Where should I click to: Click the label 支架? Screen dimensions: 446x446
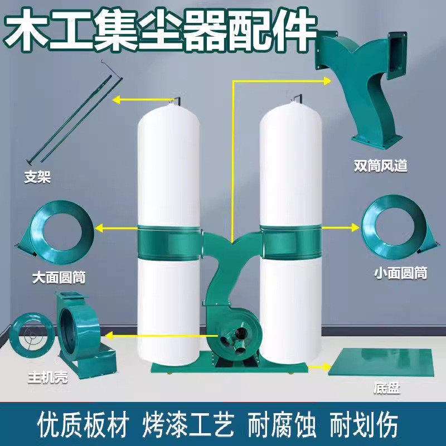click(x=37, y=177)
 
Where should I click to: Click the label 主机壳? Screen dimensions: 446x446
click(x=48, y=377)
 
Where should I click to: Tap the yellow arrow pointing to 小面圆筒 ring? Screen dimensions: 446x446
click(x=341, y=227)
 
